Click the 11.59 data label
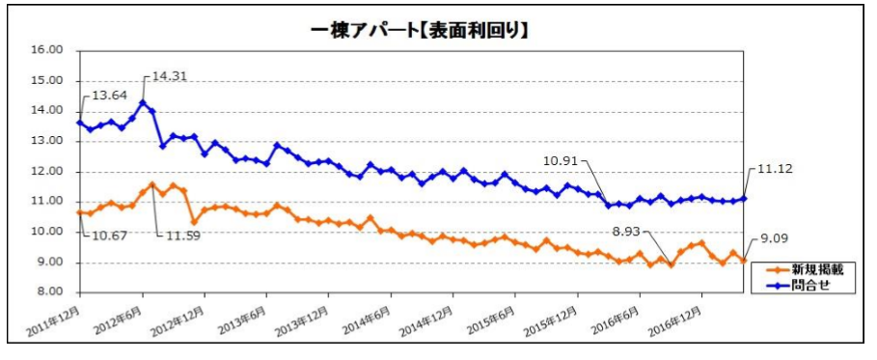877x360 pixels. [178, 234]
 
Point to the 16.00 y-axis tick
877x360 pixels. [48, 50]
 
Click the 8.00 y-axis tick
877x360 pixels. [50, 292]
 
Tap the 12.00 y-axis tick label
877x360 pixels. [48, 172]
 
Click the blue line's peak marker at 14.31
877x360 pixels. [143, 102]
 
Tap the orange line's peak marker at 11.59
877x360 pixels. [152, 184]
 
